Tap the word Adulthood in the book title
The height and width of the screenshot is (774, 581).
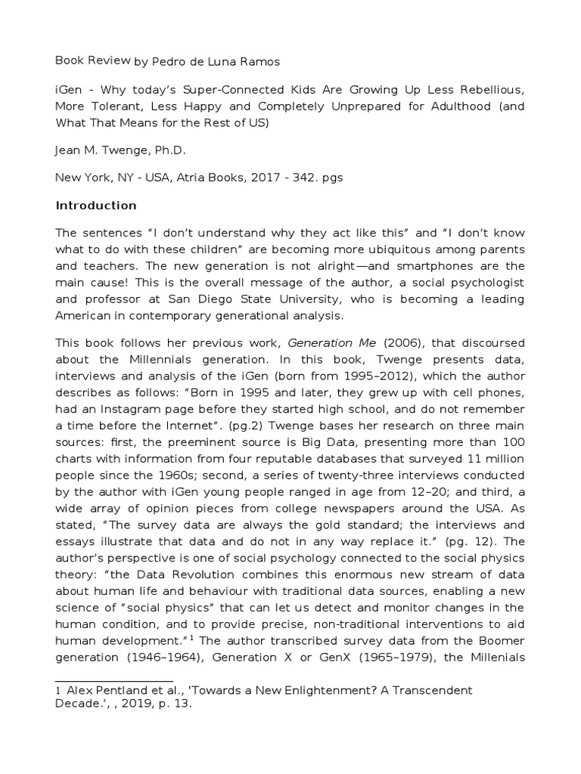coord(444,105)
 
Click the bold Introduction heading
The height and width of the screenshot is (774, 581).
coord(95,206)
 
